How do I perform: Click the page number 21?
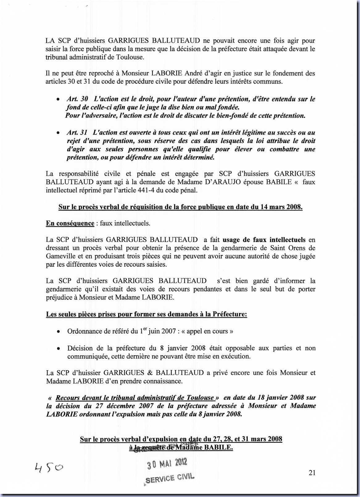coord(312,473)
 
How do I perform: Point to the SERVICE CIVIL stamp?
coord(170,478)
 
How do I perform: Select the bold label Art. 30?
coord(77,99)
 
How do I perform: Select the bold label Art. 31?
coord(77,132)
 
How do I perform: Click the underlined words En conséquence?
coord(70,223)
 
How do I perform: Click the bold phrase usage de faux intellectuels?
coord(264,240)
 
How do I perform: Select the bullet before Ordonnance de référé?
coord(58,332)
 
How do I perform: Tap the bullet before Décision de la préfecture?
coord(58,349)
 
